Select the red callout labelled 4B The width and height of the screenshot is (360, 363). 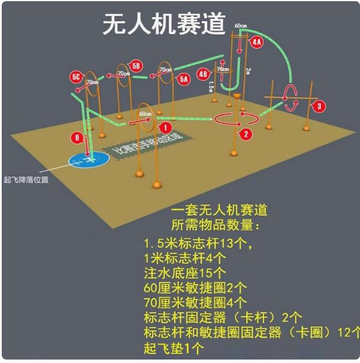203,74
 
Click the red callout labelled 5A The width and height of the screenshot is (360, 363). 184,79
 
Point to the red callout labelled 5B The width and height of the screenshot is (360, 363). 136,65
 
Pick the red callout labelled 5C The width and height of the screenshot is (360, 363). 76,76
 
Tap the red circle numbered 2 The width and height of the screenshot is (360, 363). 246,134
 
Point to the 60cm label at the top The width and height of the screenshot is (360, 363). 241,26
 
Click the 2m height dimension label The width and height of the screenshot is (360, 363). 248,71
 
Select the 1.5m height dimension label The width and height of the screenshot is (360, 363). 211,86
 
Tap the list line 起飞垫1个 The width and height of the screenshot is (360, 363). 174,347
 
